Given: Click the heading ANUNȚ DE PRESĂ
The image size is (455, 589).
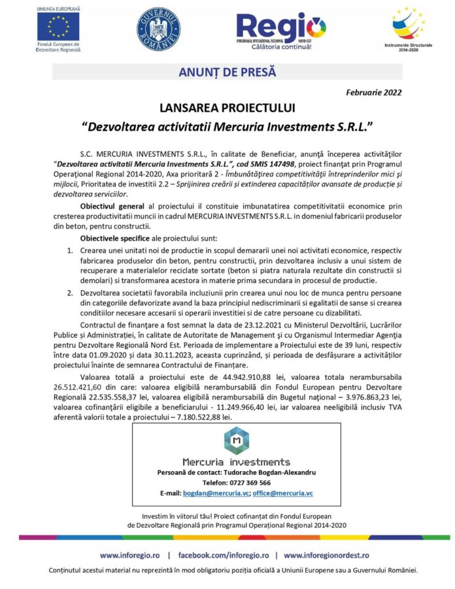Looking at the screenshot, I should pos(227,72).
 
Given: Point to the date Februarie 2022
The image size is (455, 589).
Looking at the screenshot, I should pos(374,92).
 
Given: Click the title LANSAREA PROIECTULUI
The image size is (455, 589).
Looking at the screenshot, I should pos(227,107).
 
